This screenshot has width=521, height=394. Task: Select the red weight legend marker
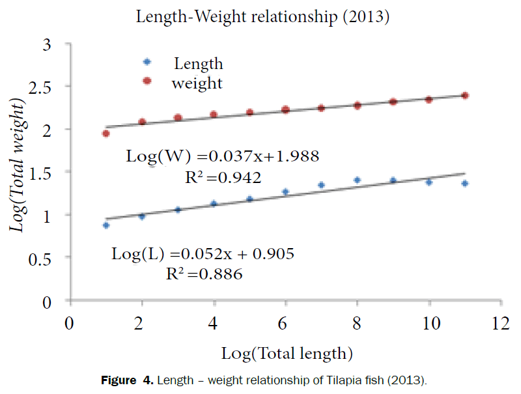(147, 81)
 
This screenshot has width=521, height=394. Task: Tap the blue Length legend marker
(147, 62)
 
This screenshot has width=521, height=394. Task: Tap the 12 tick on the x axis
(500, 324)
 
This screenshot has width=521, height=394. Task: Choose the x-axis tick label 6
(285, 324)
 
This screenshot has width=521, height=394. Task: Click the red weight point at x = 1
(106, 134)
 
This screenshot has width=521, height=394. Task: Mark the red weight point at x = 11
(465, 96)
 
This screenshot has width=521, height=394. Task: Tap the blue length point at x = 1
(106, 225)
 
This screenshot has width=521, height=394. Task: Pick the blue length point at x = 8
(357, 180)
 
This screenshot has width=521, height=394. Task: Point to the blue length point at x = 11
(465, 184)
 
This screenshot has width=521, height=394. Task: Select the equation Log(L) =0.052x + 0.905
(203, 254)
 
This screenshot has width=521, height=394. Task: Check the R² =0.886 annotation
(204, 274)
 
